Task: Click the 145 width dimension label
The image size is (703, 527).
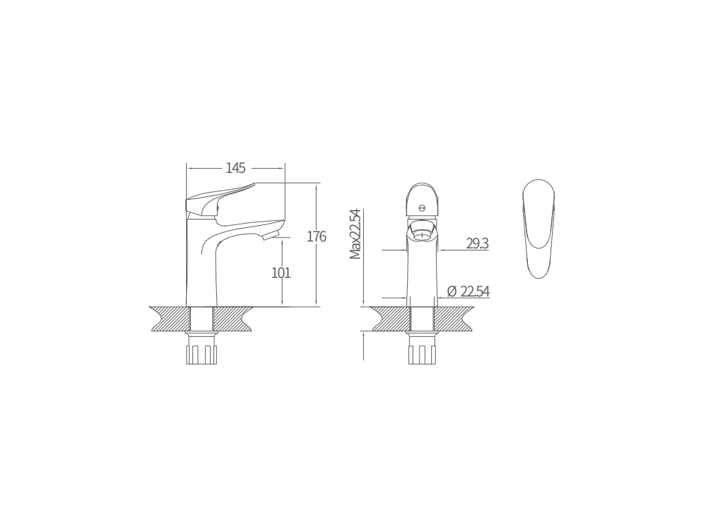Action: [x=236, y=168]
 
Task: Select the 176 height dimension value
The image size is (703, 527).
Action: [x=316, y=237]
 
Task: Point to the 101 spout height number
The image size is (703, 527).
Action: [x=281, y=272]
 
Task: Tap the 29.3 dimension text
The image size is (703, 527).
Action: [x=478, y=244]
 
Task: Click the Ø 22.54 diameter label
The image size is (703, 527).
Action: [x=468, y=292]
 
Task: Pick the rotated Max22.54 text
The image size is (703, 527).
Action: [x=356, y=234]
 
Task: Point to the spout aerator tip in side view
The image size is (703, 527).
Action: [x=271, y=236]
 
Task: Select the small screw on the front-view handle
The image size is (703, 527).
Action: [x=421, y=207]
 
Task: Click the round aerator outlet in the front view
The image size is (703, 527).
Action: [x=422, y=232]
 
